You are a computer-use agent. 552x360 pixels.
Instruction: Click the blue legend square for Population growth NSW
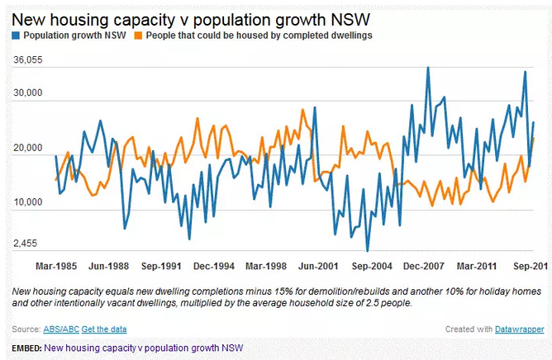pos(17,36)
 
